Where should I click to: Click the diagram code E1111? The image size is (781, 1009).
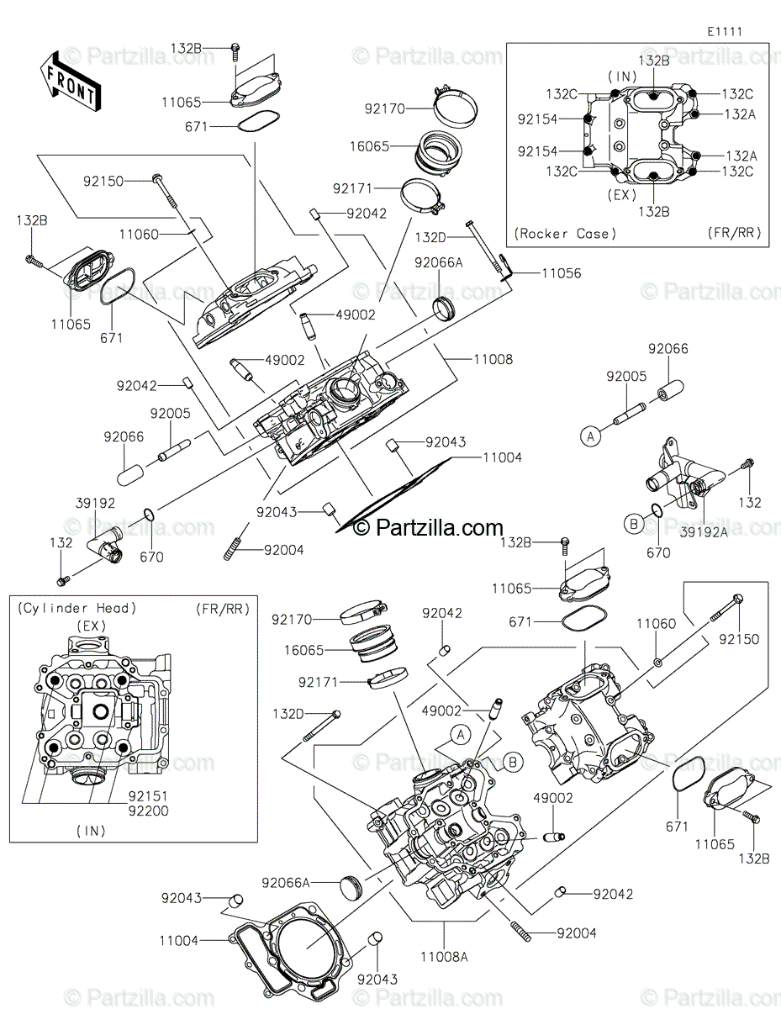click(724, 31)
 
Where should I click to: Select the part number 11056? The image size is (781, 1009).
click(560, 273)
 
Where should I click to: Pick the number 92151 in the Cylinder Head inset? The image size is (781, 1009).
click(148, 795)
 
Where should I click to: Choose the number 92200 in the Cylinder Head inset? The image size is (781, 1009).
click(148, 811)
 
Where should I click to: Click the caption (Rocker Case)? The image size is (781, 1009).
click(564, 233)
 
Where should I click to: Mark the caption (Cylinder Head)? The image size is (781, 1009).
click(76, 608)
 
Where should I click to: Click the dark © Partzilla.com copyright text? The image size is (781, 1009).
click(428, 527)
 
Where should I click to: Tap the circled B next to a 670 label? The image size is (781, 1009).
click(632, 524)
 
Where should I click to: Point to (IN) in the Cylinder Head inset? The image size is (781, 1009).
click(90, 831)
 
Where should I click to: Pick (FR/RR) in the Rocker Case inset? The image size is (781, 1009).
click(735, 233)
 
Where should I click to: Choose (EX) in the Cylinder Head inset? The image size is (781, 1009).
click(90, 626)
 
